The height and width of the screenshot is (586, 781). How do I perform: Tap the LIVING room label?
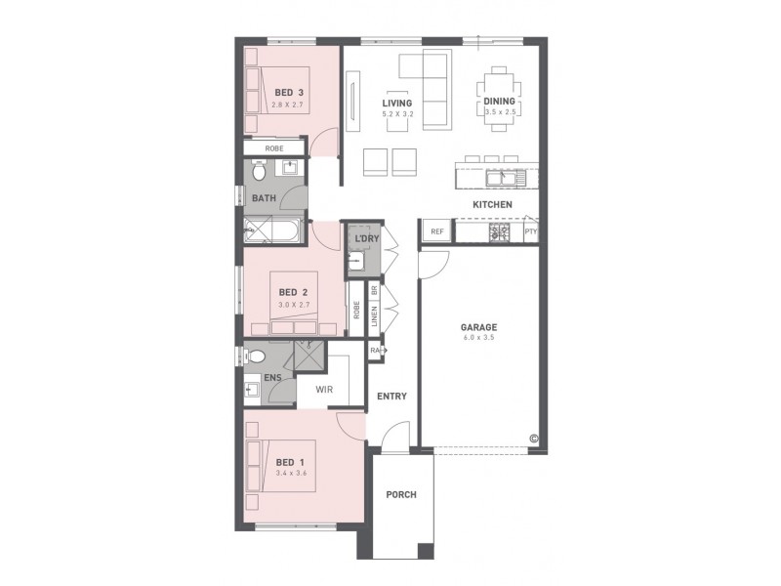(397, 103)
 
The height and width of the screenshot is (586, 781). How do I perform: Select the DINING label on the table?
(500, 102)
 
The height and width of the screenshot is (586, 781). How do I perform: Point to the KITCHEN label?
(493, 204)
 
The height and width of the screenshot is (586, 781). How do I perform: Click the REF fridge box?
(436, 232)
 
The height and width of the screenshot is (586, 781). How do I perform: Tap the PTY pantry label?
(530, 232)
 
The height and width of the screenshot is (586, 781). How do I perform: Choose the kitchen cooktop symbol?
(501, 232)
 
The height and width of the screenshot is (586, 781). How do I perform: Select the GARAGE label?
(479, 327)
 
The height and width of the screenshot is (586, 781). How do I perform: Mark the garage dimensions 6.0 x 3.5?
(479, 339)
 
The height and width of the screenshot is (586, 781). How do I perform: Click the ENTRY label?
(391, 396)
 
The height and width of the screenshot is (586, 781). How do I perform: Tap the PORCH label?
(401, 495)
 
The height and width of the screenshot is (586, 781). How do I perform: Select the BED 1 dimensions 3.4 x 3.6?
(290, 474)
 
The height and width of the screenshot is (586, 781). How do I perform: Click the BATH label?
(264, 198)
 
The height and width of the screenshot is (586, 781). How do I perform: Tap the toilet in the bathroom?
(259, 171)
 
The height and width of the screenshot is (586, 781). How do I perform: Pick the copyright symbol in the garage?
(534, 438)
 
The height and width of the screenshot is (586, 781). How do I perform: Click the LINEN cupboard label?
(374, 314)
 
